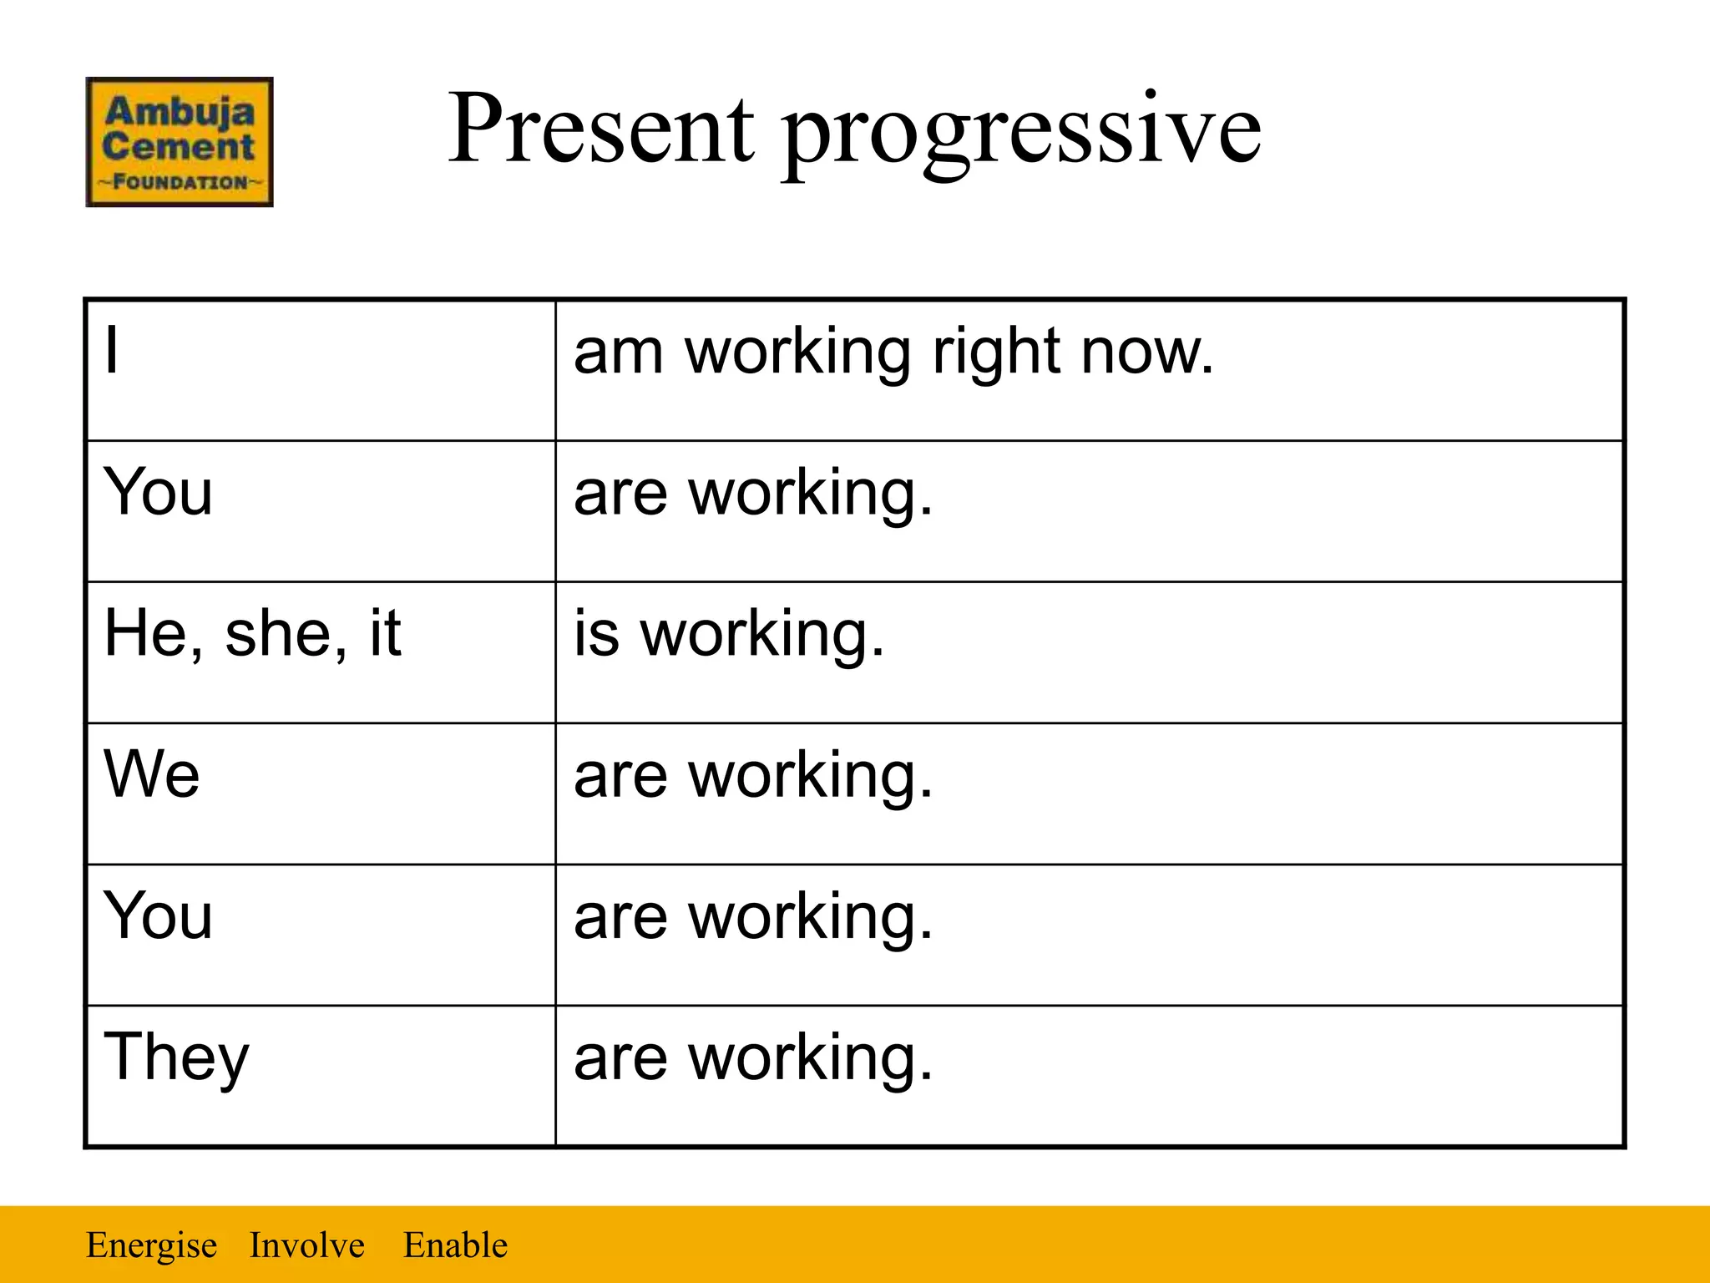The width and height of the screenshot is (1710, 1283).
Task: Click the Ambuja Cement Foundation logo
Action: point(180,142)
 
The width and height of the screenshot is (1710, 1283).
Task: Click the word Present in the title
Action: point(601,129)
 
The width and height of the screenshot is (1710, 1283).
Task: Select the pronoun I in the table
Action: point(112,351)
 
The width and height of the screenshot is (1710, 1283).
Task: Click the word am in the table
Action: point(618,352)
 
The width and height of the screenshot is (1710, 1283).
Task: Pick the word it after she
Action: point(385,632)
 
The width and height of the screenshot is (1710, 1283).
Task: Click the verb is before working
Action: point(596,634)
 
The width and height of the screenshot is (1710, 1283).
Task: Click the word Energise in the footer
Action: point(152,1245)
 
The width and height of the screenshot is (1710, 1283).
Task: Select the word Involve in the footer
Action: point(306,1245)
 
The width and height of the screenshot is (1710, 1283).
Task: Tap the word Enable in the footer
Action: point(455,1245)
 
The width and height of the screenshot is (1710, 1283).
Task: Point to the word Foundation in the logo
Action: point(180,182)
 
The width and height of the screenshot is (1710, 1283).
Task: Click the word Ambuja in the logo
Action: point(180,111)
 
